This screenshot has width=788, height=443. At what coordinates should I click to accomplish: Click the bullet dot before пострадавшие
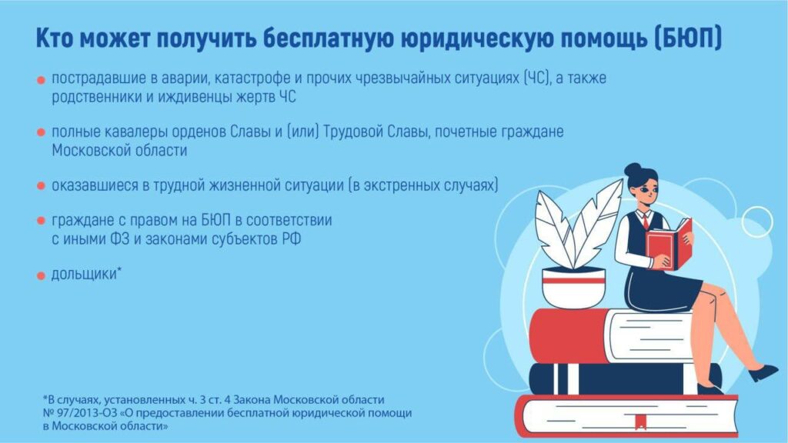point(42,80)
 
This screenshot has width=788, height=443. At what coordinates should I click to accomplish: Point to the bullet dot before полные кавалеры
point(42,132)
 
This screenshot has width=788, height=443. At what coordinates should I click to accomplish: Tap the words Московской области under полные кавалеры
point(119,150)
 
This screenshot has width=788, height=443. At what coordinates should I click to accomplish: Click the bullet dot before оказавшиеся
point(42,186)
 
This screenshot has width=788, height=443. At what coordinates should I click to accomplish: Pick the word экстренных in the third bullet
point(401,185)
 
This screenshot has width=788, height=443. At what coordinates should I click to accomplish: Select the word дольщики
point(84,275)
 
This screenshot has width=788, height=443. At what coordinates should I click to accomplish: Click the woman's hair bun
point(633,168)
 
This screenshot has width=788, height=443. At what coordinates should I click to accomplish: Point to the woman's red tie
point(646,221)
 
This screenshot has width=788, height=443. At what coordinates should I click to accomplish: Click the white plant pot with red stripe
point(574,288)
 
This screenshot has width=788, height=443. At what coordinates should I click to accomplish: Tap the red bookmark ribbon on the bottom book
point(640,422)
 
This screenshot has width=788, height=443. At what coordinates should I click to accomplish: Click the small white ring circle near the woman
point(757,221)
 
